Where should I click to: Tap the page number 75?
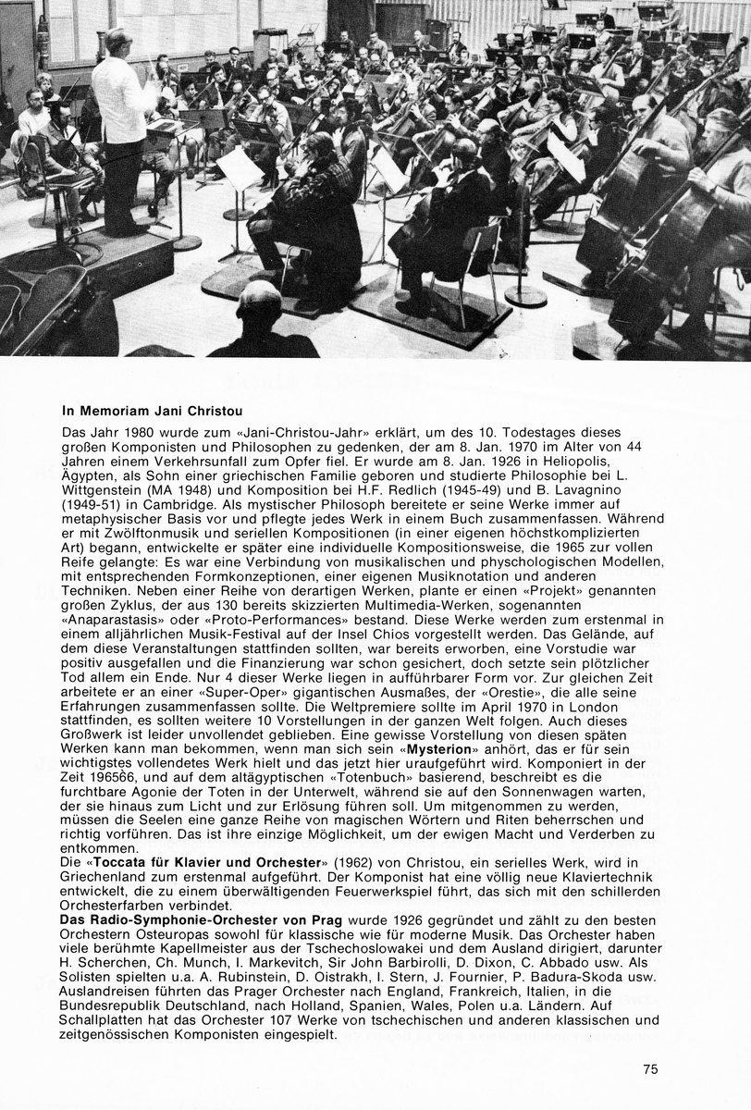(650, 1070)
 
